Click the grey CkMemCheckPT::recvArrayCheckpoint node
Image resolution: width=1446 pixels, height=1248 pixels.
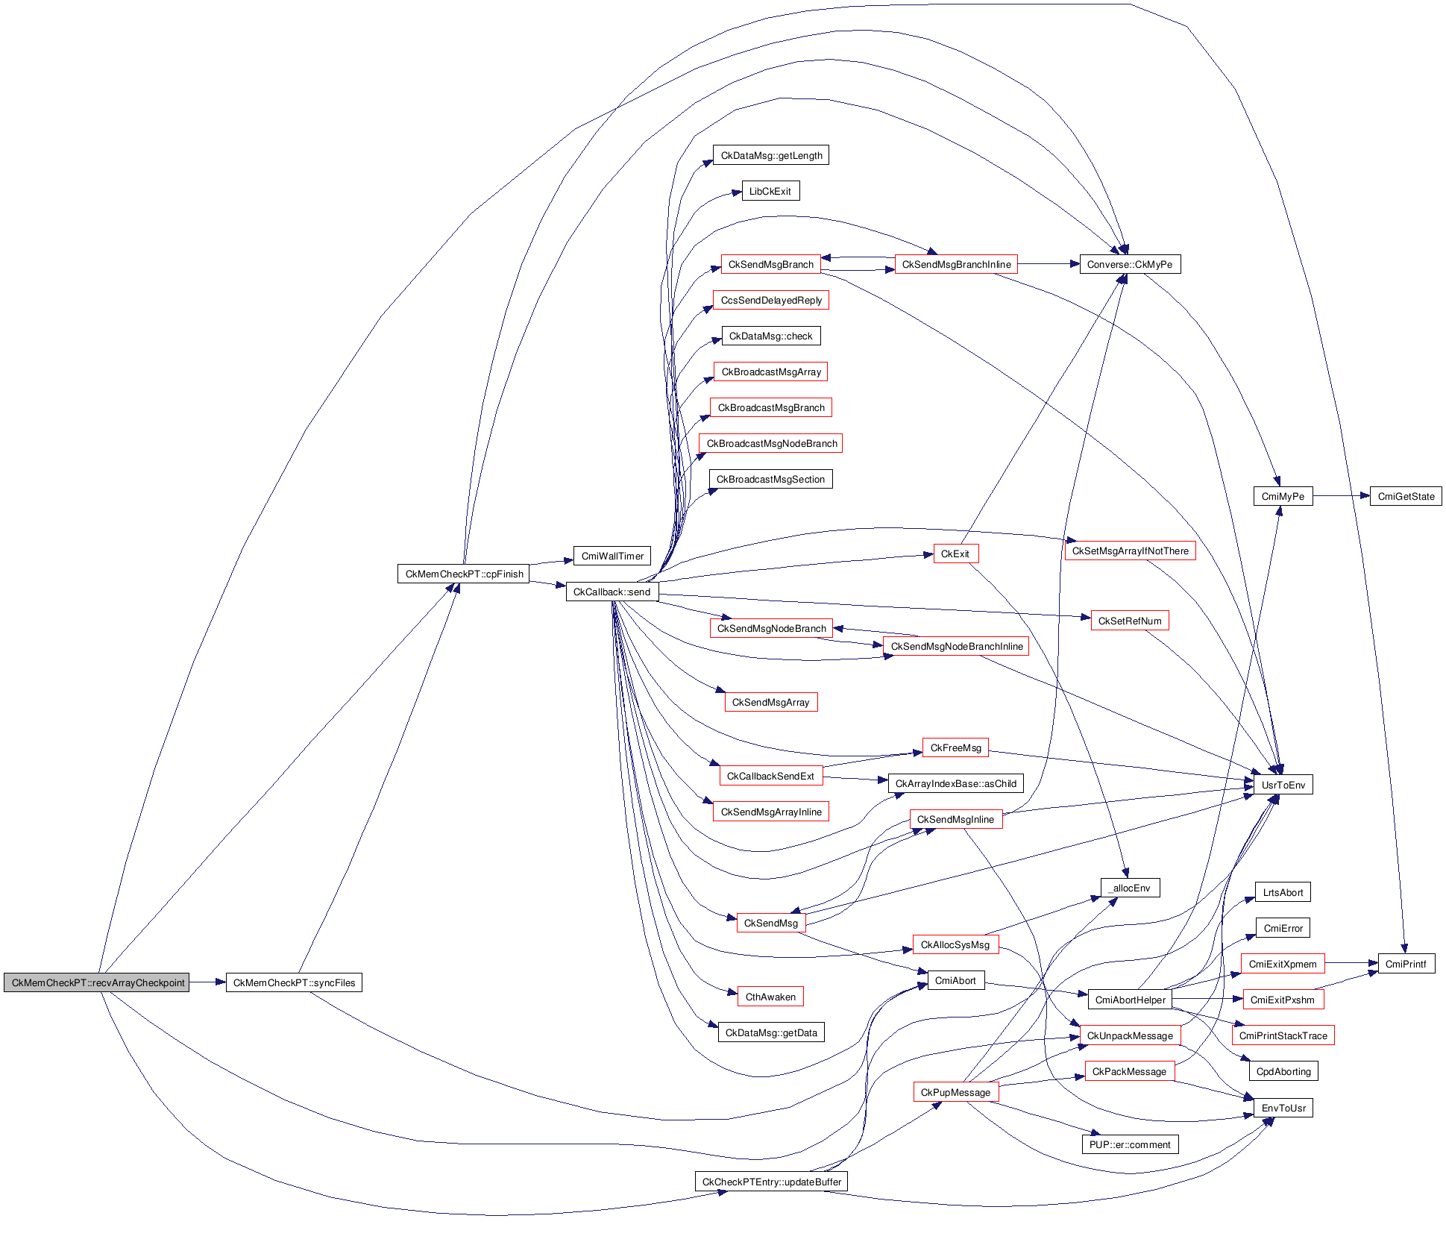pyautogui.click(x=97, y=982)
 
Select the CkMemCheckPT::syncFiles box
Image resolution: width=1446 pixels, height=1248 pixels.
pyautogui.click(x=294, y=982)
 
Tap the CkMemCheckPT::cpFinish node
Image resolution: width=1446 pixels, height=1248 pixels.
pyautogui.click(x=464, y=574)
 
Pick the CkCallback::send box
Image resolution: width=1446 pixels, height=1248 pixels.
pyautogui.click(x=612, y=592)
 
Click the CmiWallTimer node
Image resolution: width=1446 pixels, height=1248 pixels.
pyautogui.click(x=612, y=556)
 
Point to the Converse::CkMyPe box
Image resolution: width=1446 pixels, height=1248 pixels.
pyautogui.click(x=1129, y=264)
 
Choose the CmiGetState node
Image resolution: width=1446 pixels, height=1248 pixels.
pyautogui.click(x=1405, y=496)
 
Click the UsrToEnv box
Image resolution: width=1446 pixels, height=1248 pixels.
pyautogui.click(x=1283, y=785)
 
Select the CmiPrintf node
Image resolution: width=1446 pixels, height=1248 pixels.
pyautogui.click(x=1405, y=964)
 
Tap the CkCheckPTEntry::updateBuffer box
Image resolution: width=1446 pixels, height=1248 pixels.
pyautogui.click(x=771, y=1182)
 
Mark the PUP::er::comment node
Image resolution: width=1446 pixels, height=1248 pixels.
pyautogui.click(x=1129, y=1144)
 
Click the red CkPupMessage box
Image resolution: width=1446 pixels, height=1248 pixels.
pyautogui.click(x=955, y=1092)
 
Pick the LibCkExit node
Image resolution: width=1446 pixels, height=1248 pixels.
pyautogui.click(x=770, y=191)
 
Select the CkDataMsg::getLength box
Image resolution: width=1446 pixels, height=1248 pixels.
pyautogui.click(x=771, y=155)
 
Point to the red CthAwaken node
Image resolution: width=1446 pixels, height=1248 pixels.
pyautogui.click(x=770, y=997)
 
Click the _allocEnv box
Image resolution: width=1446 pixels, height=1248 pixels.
pyautogui.click(x=1129, y=888)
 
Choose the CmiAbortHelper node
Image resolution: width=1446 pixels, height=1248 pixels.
pyautogui.click(x=1130, y=1000)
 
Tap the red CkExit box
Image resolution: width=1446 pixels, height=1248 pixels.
pyautogui.click(x=955, y=554)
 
